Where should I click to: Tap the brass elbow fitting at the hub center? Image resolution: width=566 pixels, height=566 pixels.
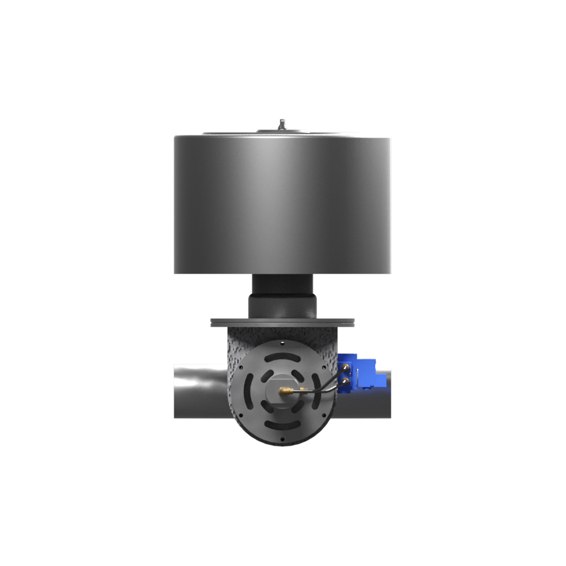coord(286,391)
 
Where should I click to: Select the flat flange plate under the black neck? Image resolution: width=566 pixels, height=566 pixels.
coord(283,322)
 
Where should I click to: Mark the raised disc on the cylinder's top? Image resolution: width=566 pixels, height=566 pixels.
coord(281,131)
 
